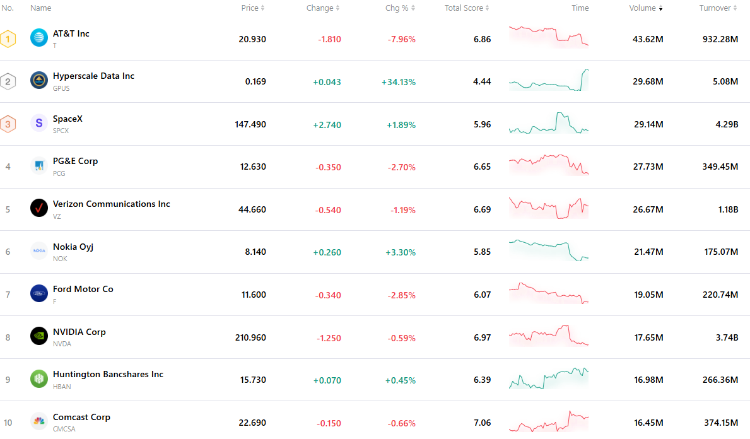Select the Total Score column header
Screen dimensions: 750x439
[466, 8]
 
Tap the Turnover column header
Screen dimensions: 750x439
[718, 8]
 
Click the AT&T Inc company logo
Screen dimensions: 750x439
[38, 37]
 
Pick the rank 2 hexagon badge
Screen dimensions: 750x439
[8, 82]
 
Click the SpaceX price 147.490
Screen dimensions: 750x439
[250, 124]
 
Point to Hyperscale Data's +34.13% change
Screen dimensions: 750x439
[399, 82]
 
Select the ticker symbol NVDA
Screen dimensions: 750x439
[62, 344]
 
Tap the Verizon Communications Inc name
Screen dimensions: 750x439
[112, 204]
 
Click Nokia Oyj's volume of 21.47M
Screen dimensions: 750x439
[648, 252]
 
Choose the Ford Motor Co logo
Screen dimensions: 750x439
[38, 293]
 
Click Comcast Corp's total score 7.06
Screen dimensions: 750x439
[482, 423]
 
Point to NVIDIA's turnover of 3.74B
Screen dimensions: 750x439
[727, 337]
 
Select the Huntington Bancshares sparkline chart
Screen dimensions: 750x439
[549, 378]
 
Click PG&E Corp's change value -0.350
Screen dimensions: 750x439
[328, 167]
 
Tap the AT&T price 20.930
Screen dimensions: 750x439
[252, 39]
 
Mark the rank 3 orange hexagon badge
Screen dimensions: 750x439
[8, 124]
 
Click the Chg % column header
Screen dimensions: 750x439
[400, 8]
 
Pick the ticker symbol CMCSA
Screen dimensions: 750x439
[64, 429]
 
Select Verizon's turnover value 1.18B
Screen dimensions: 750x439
[728, 209]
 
